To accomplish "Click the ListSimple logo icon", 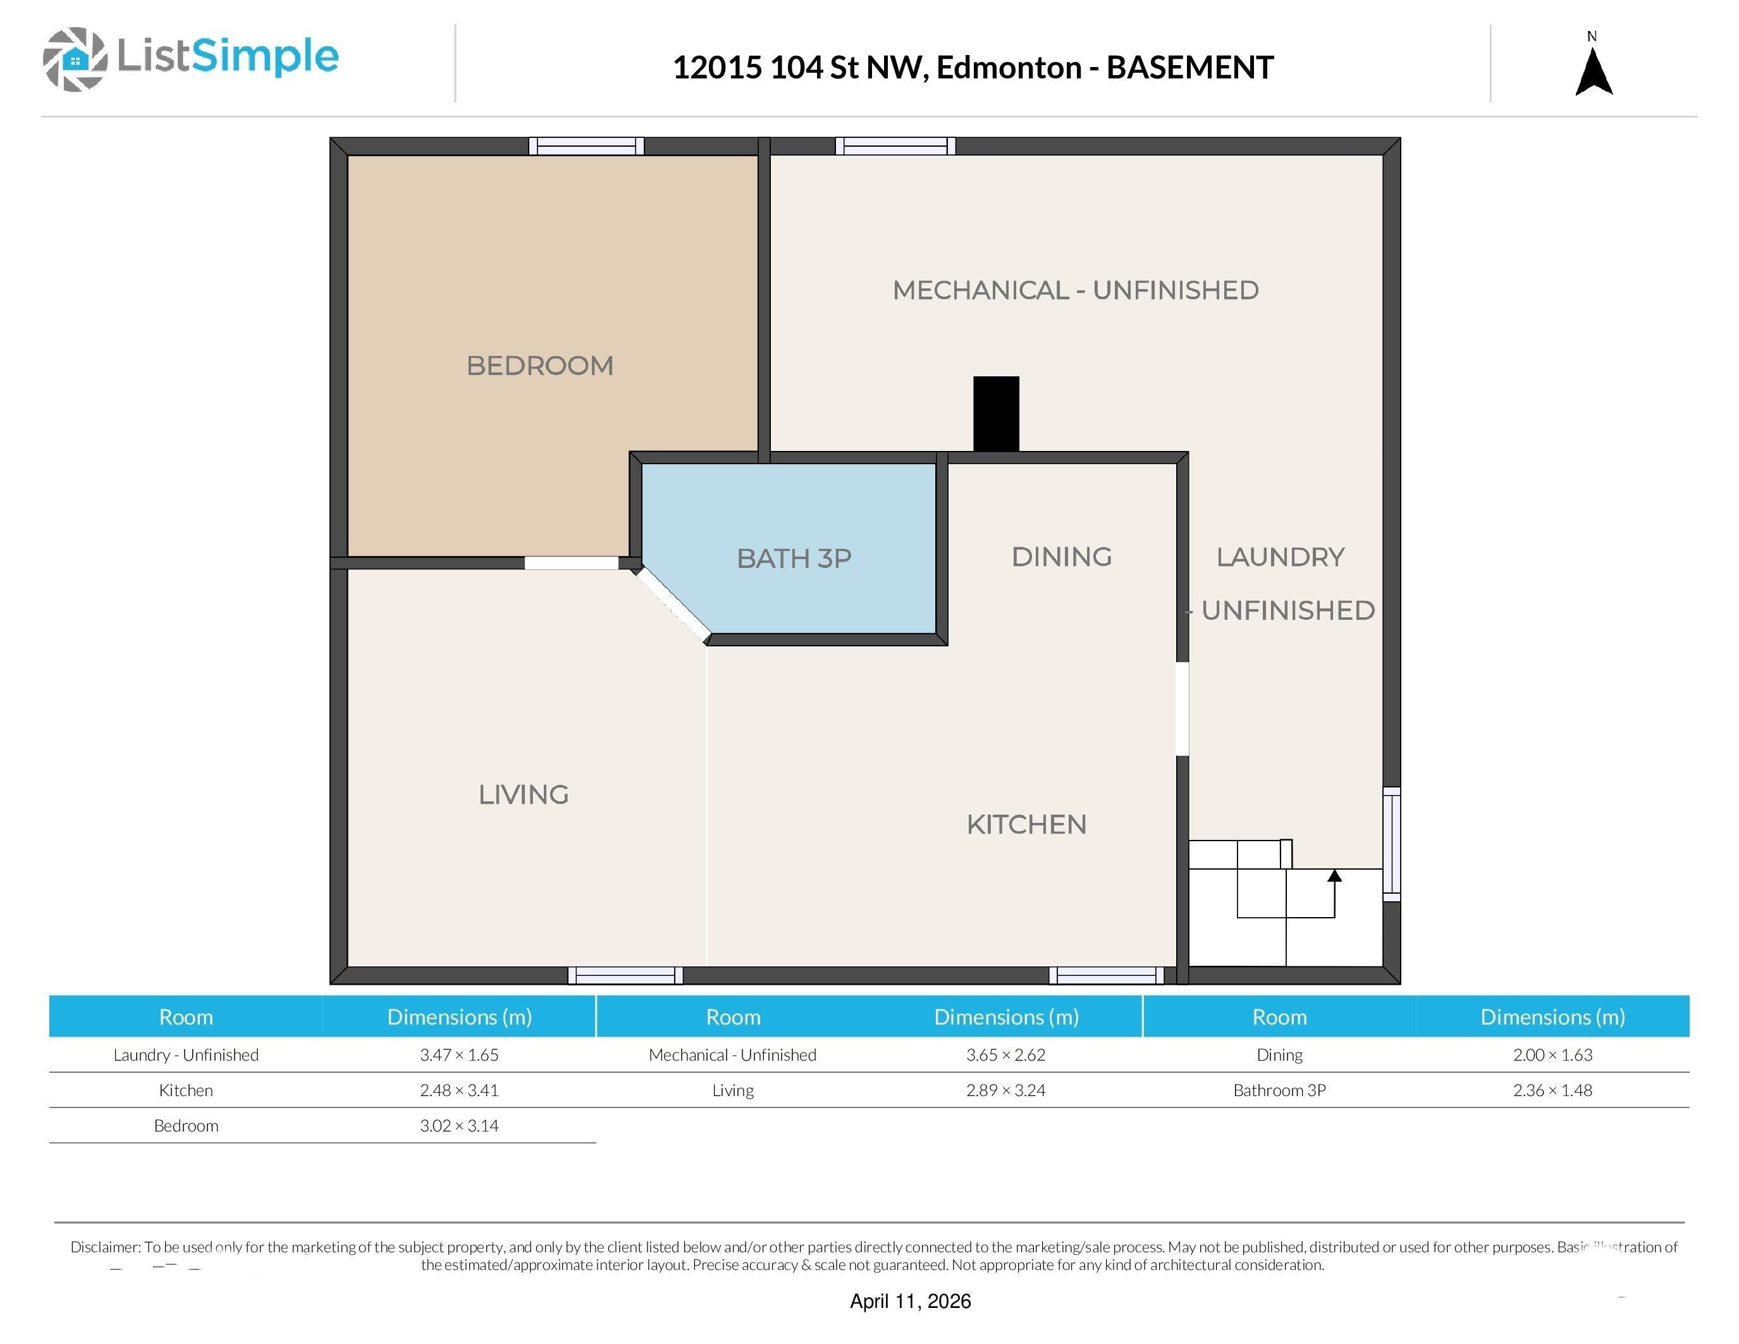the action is (75, 59).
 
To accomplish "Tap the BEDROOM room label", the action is (540, 366).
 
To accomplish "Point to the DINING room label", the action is (1061, 557).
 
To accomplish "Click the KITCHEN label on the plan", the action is (1026, 824).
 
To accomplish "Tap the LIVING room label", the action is (523, 794).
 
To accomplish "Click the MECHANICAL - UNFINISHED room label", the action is (1075, 290).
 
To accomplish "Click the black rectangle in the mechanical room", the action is (996, 414).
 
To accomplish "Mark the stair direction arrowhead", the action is (1334, 876).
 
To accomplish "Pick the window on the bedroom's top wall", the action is (586, 145).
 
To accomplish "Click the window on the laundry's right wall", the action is (1391, 844).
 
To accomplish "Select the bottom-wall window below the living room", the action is (625, 975).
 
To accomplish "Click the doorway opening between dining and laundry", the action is (1183, 708).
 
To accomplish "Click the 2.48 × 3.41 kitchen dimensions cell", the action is (460, 1090).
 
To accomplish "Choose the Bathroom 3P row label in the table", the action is (1279, 1090).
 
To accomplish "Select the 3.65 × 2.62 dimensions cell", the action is (1005, 1055).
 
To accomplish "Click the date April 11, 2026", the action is (910, 1301).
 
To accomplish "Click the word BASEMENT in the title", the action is (1190, 68).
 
